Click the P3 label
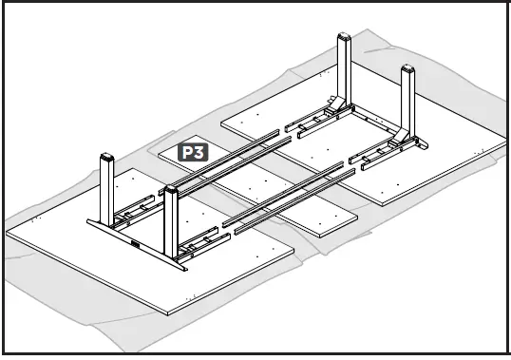194,151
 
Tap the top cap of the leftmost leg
106,158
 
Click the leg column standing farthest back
343,71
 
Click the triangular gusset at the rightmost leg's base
418,143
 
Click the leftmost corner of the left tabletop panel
8,231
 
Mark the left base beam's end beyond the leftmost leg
90,224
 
